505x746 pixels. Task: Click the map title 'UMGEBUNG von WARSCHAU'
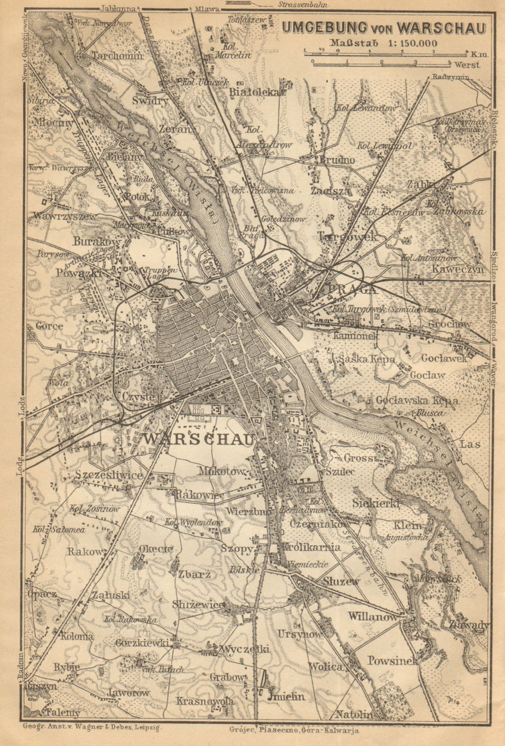tap(383, 28)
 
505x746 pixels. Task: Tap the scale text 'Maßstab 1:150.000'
tap(384, 43)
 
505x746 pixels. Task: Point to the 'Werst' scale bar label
tap(466, 65)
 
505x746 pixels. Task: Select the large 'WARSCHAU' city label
tap(198, 439)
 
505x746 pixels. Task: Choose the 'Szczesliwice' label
tap(109, 475)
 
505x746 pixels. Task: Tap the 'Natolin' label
tap(353, 714)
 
